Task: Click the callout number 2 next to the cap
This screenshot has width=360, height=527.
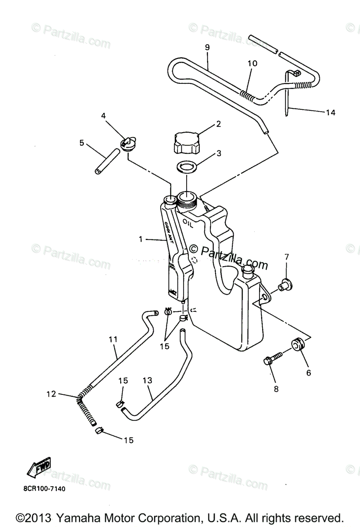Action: (x=218, y=124)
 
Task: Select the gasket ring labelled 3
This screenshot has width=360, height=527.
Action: (x=187, y=167)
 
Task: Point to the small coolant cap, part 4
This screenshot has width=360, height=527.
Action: (x=128, y=144)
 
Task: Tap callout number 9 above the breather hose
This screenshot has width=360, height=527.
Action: (x=207, y=47)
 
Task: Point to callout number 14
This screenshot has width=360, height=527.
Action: (x=330, y=113)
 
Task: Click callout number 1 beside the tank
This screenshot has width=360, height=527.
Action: (x=140, y=239)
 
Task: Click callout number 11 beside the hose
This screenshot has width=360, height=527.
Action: (x=113, y=339)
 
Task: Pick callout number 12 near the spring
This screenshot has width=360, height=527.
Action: (x=52, y=394)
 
